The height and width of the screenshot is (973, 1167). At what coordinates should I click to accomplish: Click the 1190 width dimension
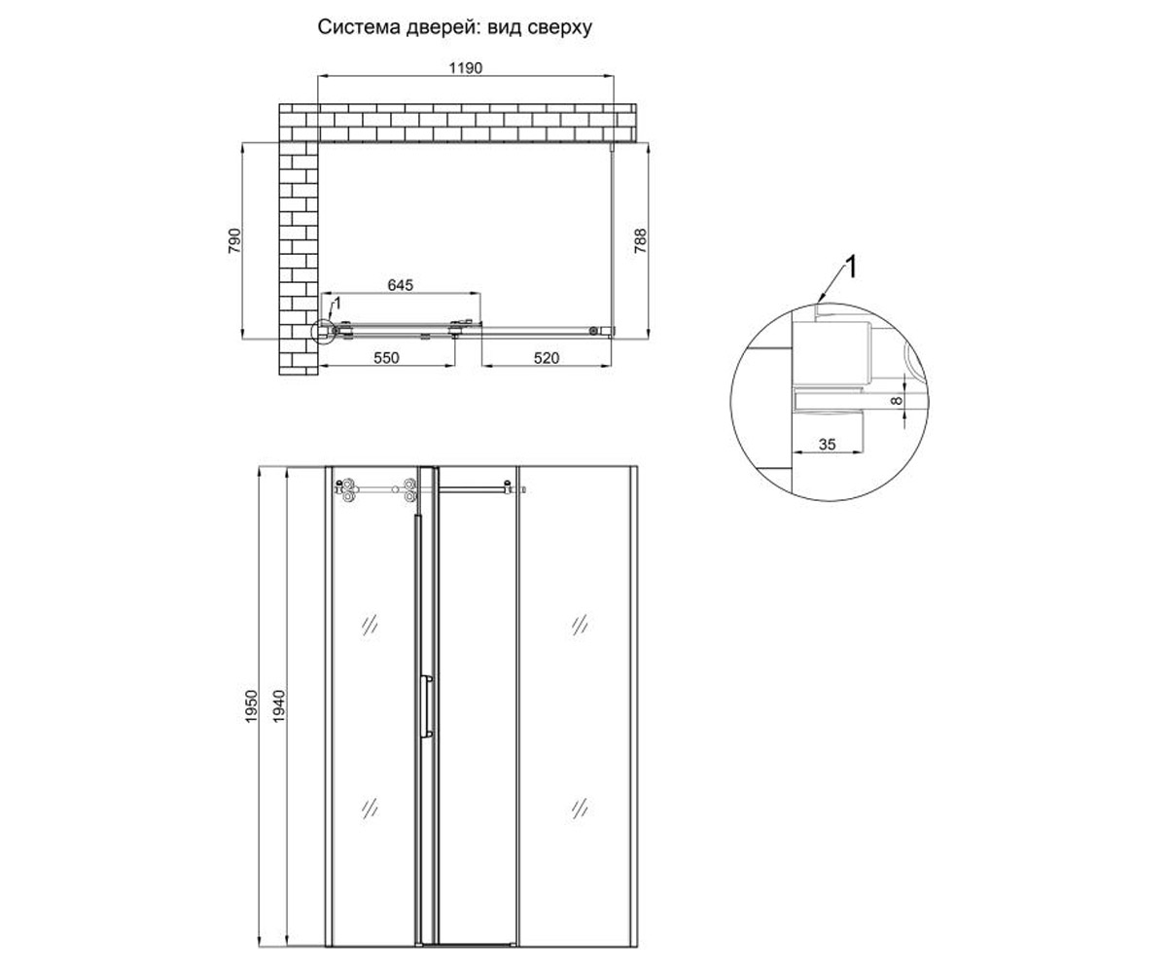[x=466, y=68]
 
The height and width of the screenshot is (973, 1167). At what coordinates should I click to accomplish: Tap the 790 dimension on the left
[x=234, y=241]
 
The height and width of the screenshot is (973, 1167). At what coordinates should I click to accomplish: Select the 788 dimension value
[x=641, y=241]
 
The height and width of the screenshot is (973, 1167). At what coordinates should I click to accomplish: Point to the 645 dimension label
[x=400, y=285]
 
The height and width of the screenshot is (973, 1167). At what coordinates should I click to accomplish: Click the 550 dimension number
[x=386, y=358]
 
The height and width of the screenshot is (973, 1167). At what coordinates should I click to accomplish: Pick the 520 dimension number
[x=546, y=358]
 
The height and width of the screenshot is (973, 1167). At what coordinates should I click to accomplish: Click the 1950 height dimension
[x=252, y=706]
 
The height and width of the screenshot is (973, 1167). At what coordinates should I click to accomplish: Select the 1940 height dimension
[x=279, y=706]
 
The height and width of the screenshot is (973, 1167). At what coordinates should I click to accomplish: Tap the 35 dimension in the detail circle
[x=828, y=444]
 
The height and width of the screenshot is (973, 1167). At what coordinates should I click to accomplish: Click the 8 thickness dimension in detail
[x=896, y=400]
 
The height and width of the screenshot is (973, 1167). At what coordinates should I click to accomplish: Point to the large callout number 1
[x=851, y=267]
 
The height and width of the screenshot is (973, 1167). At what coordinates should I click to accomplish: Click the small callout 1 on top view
[x=336, y=304]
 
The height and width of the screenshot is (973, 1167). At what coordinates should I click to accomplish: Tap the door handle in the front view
[x=428, y=706]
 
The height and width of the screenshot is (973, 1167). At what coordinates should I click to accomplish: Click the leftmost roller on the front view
[x=347, y=489]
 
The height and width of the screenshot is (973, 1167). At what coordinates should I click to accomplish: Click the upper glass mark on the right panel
[x=580, y=625]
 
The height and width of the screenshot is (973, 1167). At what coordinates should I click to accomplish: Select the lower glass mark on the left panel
[x=370, y=810]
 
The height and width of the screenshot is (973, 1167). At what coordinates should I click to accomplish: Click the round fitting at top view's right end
[x=592, y=331]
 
